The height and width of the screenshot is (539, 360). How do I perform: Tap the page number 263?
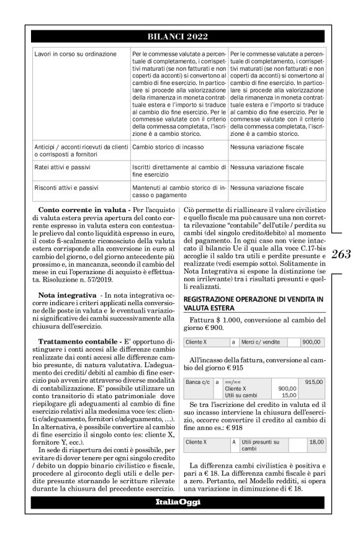click(x=341, y=254)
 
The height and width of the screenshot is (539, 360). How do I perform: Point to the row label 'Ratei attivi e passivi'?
click(x=61, y=167)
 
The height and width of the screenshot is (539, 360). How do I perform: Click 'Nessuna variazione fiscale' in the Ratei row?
click(x=267, y=167)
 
